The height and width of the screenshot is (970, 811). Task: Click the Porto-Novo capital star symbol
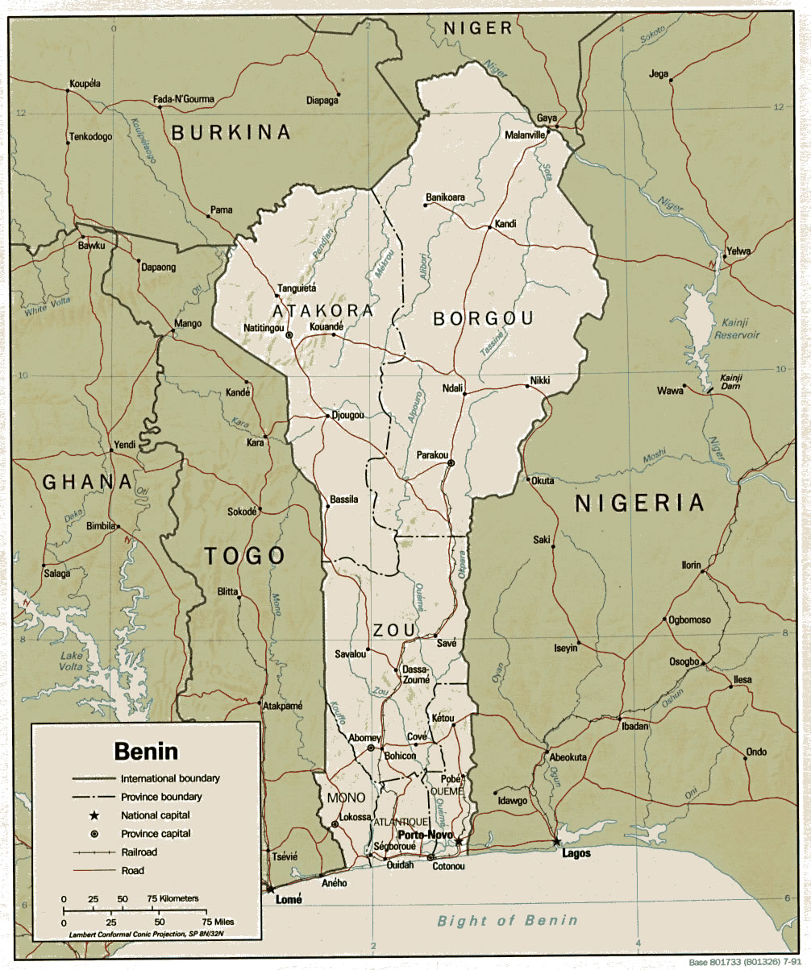(x=459, y=842)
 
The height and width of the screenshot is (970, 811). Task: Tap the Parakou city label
(x=432, y=455)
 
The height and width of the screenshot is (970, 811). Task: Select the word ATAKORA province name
(x=322, y=311)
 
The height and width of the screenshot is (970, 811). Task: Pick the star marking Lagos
(x=555, y=842)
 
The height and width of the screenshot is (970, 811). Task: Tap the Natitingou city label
(x=264, y=328)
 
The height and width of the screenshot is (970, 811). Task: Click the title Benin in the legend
(x=146, y=752)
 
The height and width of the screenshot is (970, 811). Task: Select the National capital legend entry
(x=155, y=815)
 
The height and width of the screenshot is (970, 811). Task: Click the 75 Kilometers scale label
(x=172, y=897)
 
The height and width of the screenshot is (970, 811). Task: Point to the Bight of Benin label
(x=507, y=921)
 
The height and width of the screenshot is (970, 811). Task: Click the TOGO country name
(x=244, y=556)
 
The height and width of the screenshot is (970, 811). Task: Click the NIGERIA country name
(x=639, y=504)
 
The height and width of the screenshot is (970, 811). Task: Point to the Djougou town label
(x=348, y=416)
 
